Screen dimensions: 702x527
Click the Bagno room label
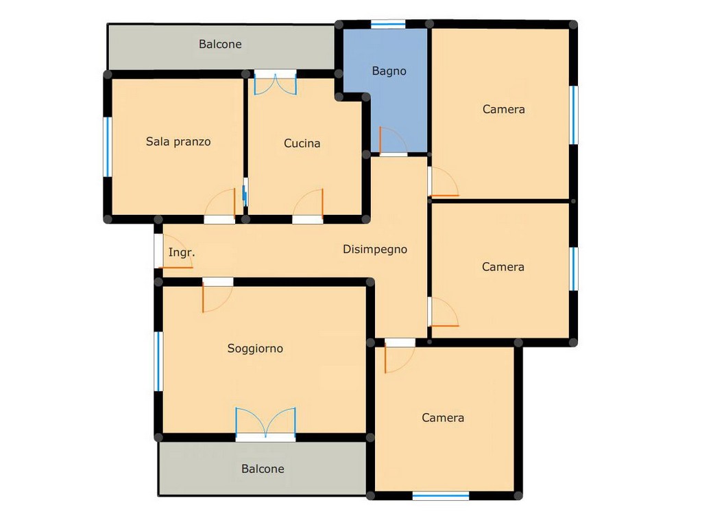point(389,71)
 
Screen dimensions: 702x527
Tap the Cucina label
point(302,143)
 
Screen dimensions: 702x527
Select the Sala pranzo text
point(178,141)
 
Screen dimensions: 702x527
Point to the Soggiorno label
point(255,349)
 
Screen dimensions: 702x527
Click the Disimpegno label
point(375,250)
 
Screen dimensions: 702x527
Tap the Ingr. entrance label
point(182,253)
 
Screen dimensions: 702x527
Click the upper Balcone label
point(220,45)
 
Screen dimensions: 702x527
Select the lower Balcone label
point(263,469)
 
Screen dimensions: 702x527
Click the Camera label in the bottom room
point(443,418)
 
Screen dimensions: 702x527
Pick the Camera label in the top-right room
point(504,109)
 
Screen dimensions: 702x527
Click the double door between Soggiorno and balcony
point(265,423)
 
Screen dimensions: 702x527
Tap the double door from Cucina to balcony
point(276,83)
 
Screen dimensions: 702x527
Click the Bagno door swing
point(393,141)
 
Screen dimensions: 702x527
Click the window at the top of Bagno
point(388,24)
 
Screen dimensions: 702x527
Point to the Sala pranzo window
point(108,147)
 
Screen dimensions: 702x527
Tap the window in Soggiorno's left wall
point(158,361)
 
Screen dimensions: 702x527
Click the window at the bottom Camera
point(441,495)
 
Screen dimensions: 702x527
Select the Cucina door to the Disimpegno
point(308,205)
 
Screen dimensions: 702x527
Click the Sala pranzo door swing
point(220,205)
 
